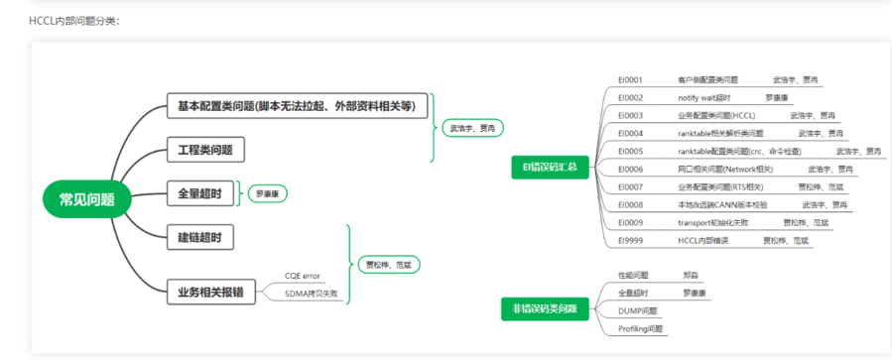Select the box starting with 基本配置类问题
297,106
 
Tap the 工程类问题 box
204,151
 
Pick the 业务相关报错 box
210,292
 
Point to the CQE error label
302,275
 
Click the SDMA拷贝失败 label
311,294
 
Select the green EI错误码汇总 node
550,168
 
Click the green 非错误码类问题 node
546,309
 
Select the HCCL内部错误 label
702,241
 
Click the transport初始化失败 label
713,223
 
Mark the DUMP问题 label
637,310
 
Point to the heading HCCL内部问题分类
74,20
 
